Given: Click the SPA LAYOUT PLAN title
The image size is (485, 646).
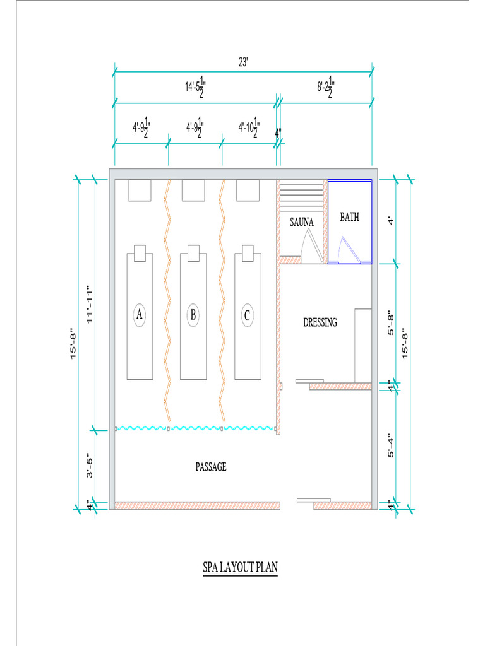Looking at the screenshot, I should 239,568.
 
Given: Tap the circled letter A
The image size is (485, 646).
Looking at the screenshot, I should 140,314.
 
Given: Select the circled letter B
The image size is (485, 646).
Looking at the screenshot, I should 193,314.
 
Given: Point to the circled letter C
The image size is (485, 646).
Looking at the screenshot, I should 248,314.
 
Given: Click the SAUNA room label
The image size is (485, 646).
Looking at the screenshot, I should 302,222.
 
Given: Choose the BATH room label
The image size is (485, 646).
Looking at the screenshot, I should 349,217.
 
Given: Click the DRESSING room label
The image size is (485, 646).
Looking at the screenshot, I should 320,322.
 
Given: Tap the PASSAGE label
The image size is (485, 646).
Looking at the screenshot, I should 210,467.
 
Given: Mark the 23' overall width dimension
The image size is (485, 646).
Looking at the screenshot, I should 243,63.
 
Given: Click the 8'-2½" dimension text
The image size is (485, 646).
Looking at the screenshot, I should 326,86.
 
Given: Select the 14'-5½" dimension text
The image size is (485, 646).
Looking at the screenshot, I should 195,87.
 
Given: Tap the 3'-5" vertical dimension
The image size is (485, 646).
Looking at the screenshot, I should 89,466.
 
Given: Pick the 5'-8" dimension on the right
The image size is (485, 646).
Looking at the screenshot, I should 391,322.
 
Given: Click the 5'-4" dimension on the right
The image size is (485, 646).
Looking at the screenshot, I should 391,445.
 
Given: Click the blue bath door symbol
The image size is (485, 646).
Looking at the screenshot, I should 347,250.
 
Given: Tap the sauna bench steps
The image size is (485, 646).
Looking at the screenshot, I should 301,197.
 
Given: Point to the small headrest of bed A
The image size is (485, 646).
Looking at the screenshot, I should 140,249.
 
